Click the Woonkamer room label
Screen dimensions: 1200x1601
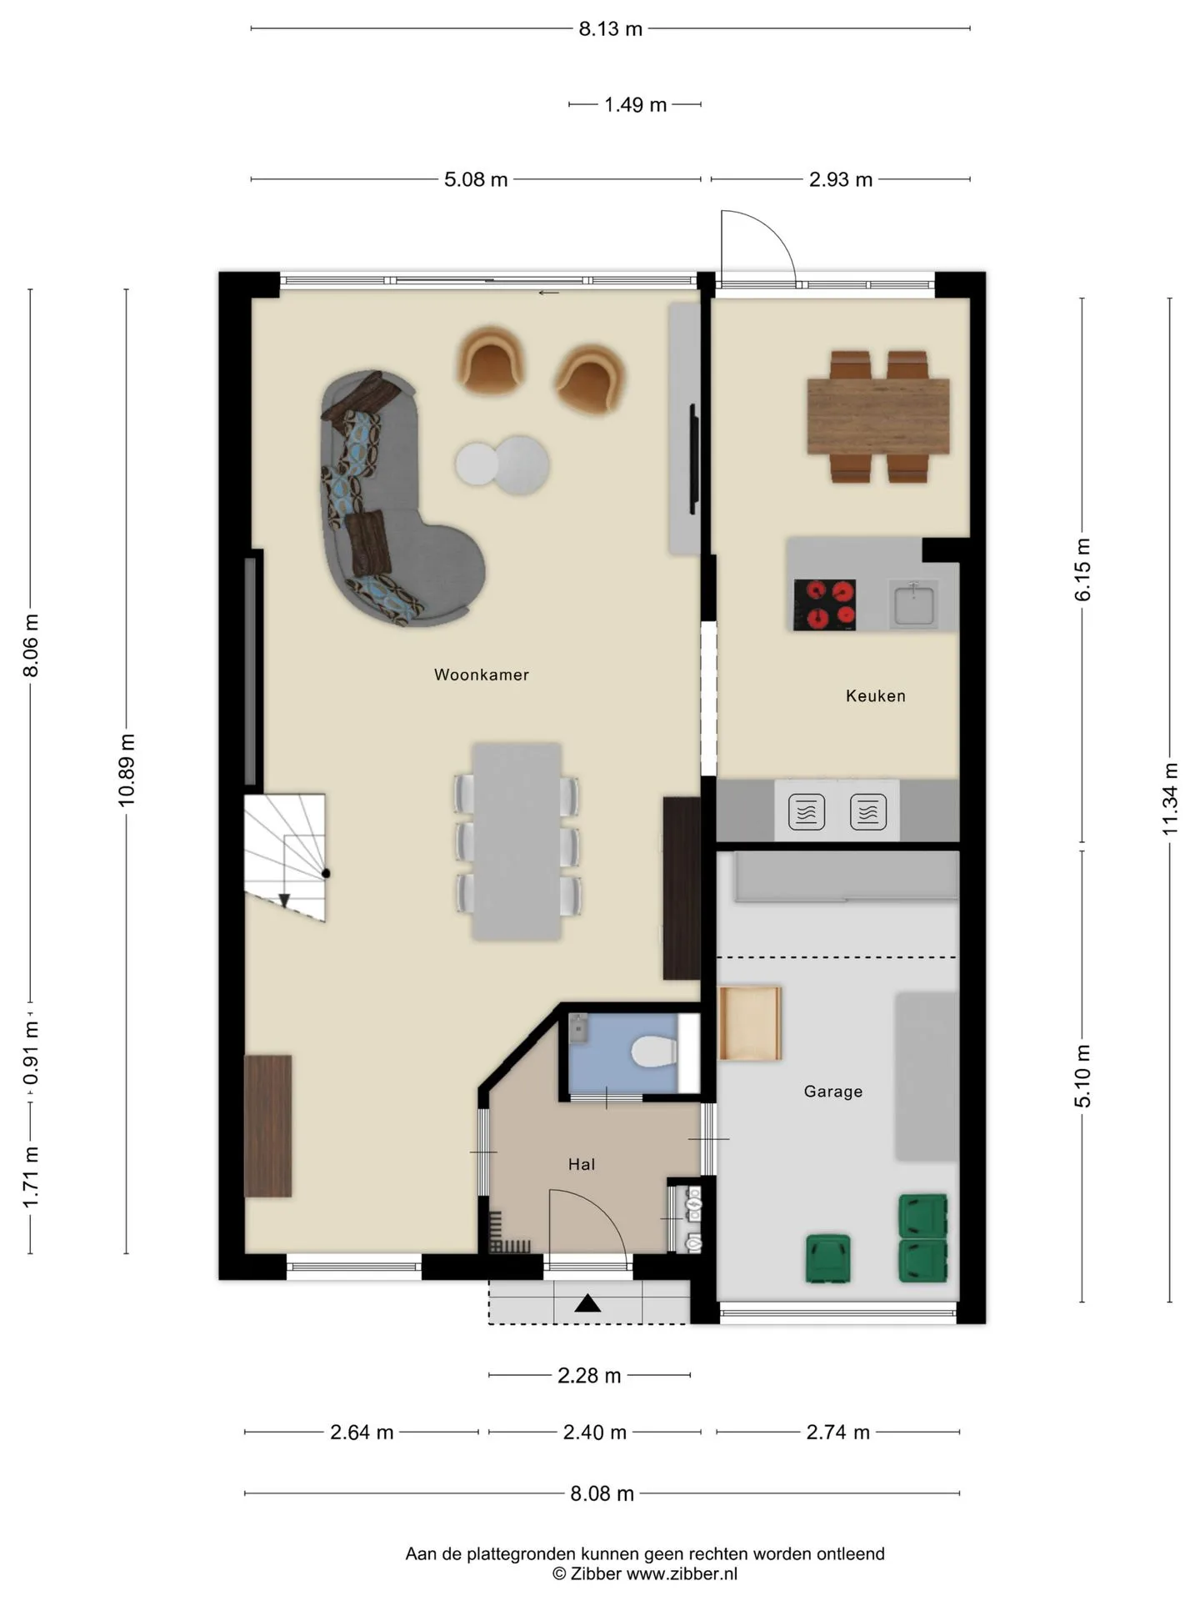pos(481,675)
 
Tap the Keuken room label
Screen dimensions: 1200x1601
pos(875,695)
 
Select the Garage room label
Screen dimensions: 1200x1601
pos(832,1091)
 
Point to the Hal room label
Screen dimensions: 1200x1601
pos(582,1164)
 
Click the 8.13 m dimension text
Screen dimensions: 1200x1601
pos(611,29)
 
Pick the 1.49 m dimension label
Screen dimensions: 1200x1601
pos(635,105)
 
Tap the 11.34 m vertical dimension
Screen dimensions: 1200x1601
pos(1170,799)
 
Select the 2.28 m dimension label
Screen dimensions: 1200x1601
pos(589,1375)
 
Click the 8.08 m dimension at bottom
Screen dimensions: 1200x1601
pos(602,1493)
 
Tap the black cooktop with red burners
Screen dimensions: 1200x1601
pos(824,605)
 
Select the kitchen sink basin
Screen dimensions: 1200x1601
pos(914,605)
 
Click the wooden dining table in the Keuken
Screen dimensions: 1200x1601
pos(878,416)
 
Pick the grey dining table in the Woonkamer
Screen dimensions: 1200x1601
pos(517,841)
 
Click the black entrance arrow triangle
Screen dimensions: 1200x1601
pos(587,1302)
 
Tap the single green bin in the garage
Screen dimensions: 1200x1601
pos(827,1258)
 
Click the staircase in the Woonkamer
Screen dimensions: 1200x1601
pos(284,857)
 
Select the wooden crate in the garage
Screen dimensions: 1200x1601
pos(750,1023)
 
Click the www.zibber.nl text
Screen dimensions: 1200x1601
pos(682,1573)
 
